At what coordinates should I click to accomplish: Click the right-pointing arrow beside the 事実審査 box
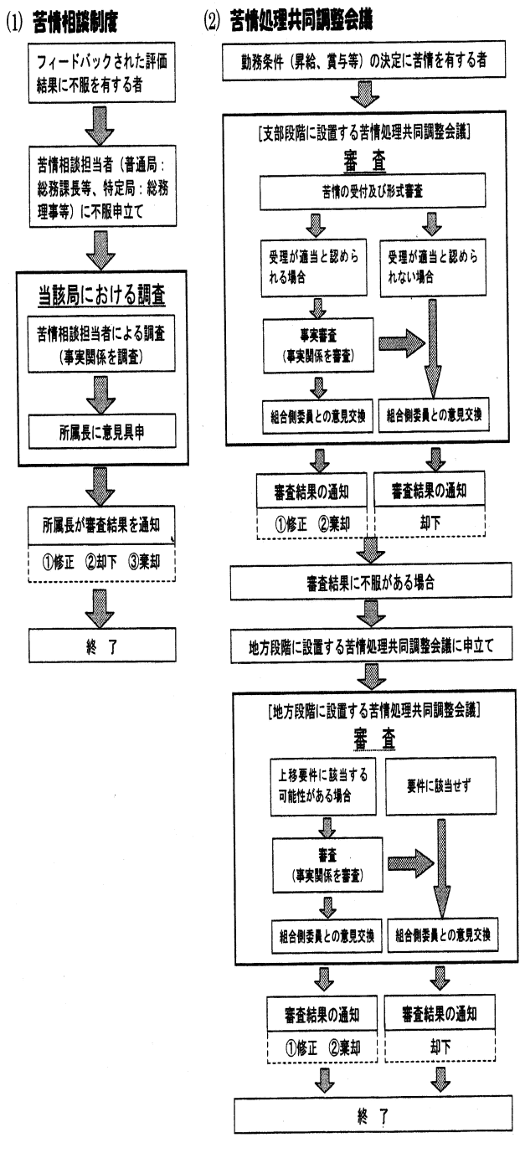[400, 343]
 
